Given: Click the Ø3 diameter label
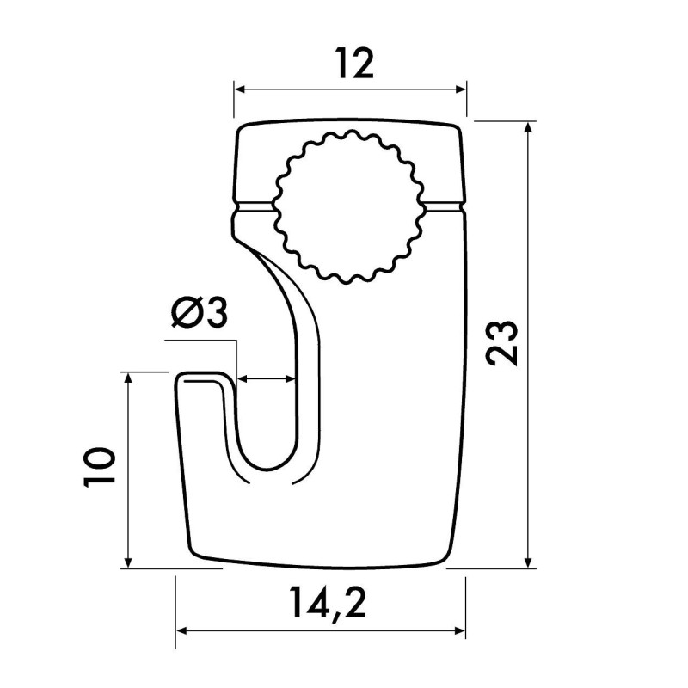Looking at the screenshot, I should (199, 314).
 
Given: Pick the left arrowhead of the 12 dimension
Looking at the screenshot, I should (240, 89).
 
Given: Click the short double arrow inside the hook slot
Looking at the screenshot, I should (267, 378).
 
